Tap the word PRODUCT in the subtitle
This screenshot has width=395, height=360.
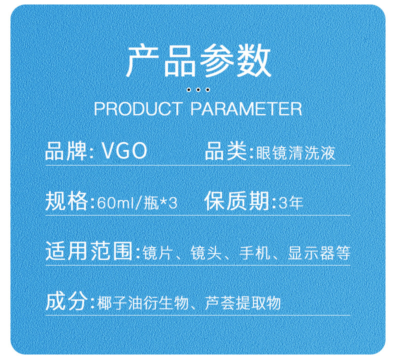138,109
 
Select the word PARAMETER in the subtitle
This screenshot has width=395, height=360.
246,109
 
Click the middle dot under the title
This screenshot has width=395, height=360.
198,89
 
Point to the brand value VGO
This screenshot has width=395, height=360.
124,151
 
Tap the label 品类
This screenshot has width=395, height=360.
225,151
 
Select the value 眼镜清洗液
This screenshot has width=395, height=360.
295,153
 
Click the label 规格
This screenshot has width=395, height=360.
66,201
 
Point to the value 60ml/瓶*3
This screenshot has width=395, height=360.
137,203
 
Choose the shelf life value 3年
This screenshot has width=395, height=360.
290,203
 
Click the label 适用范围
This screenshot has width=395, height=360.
89,251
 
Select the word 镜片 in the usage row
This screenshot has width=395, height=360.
157,252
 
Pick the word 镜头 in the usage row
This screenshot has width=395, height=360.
206,252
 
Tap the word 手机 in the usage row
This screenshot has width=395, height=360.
254,252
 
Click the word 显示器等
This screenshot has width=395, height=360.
319,252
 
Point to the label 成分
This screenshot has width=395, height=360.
66,301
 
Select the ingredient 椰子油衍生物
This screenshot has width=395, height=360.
143,303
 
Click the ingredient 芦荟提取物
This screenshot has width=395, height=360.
243,303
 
